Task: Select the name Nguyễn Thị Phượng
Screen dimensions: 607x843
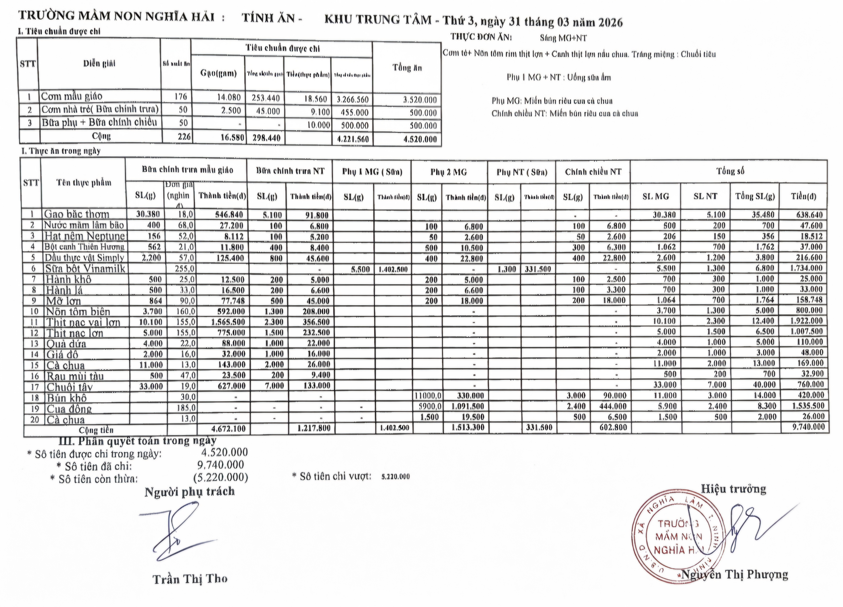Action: tap(734, 575)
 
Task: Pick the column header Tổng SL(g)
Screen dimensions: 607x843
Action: tap(755, 196)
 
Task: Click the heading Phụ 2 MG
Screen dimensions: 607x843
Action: tap(449, 172)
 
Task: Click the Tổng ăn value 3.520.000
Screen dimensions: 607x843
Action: tap(420, 100)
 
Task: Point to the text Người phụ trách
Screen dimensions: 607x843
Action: tap(190, 492)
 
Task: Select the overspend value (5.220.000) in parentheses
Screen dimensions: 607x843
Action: tap(220, 477)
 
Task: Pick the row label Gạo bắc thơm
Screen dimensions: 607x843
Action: tap(76, 214)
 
